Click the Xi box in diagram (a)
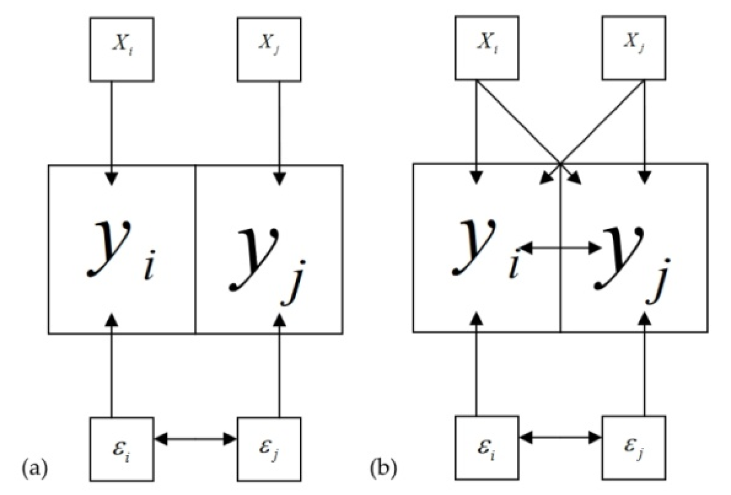pos(122,49)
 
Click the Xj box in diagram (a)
pos(269,49)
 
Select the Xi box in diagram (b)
pos(487,48)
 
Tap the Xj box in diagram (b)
pos(634,48)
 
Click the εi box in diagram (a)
pos(122,449)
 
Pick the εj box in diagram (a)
pos(269,449)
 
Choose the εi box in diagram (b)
pos(487,447)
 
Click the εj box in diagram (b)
pos(634,447)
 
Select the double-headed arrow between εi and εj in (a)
pos(195,438)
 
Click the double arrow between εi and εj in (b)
pos(560,437)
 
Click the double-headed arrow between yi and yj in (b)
pos(560,247)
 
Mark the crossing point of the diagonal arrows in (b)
pos(560,163)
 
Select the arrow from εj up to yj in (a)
pos(280,369)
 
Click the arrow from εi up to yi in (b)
pos(477,369)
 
